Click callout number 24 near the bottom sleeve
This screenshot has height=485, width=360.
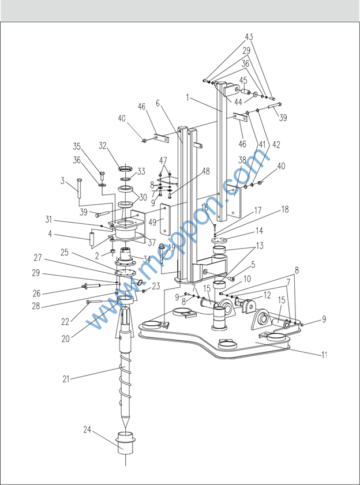[87, 430]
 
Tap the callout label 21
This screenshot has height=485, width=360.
[66, 379]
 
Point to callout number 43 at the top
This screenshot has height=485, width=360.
[249, 37]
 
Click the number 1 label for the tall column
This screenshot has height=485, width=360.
[187, 98]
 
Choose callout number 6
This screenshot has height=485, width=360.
[157, 103]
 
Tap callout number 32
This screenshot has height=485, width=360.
[103, 145]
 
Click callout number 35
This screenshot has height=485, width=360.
[76, 146]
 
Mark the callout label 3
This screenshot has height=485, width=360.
[62, 182]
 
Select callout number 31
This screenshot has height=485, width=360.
[48, 219]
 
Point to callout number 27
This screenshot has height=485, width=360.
[37, 258]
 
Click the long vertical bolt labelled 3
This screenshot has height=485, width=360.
[78, 193]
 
